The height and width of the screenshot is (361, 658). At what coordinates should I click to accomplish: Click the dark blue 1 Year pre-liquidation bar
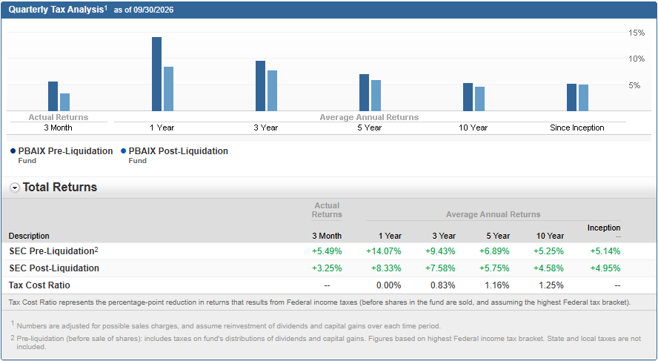(156, 74)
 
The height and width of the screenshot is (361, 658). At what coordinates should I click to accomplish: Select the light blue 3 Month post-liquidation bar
(64, 102)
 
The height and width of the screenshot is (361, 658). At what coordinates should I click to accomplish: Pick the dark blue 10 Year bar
(468, 97)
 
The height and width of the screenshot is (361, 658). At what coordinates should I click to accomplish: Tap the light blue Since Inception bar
(583, 98)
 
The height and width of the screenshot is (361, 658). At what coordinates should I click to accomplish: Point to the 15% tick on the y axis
(637, 33)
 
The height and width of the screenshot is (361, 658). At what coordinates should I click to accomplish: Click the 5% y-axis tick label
(634, 86)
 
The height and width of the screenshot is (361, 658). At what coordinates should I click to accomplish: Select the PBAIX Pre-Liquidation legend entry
(62, 155)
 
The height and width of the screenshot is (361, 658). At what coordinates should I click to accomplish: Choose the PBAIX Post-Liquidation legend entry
(174, 155)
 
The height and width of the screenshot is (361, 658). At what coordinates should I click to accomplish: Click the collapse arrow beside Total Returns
(15, 188)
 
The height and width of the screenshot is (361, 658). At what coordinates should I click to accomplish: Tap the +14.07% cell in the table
(384, 251)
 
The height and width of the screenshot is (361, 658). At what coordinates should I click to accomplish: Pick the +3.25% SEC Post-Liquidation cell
(327, 268)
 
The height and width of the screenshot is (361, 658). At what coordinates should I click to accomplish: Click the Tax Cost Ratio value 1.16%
(497, 285)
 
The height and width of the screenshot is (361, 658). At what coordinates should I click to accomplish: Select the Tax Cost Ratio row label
(39, 285)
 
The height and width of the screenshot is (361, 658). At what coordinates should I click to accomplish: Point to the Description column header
(29, 236)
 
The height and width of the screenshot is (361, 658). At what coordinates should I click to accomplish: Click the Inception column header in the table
(604, 228)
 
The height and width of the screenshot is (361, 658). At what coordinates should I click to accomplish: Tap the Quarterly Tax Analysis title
(56, 10)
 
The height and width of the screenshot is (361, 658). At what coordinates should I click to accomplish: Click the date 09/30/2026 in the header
(153, 10)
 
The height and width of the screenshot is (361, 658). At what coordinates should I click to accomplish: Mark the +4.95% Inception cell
(605, 268)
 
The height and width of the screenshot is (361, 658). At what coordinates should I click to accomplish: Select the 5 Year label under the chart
(370, 127)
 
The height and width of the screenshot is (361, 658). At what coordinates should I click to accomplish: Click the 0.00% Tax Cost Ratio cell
(388, 285)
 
